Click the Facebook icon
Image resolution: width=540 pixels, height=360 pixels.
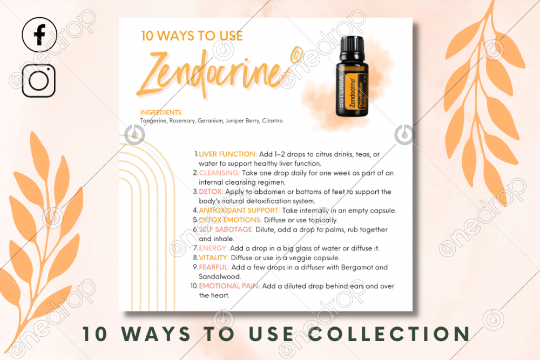pyautogui.click(x=39, y=35)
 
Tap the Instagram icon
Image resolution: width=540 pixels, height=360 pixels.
pyautogui.click(x=38, y=80)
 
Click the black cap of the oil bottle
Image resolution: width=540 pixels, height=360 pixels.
pyautogui.click(x=352, y=49)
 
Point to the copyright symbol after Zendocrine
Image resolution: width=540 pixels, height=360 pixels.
pyautogui.click(x=296, y=55)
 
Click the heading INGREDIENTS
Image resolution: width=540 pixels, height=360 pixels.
pyautogui.click(x=161, y=113)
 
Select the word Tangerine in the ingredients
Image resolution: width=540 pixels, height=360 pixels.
pyautogui.click(x=153, y=121)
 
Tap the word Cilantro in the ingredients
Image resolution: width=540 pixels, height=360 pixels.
pyautogui.click(x=272, y=120)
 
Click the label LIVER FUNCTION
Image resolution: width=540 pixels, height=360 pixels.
pyautogui.click(x=228, y=154)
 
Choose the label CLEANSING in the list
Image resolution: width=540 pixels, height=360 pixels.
pyautogui.click(x=219, y=173)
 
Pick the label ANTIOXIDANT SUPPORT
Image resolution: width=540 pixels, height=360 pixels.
pyautogui.click(x=239, y=210)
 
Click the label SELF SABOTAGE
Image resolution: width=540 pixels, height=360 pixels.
pyautogui.click(x=226, y=229)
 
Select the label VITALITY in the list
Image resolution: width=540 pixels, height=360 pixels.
pyautogui.click(x=213, y=257)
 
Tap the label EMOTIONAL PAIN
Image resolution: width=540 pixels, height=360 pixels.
pyautogui.click(x=230, y=286)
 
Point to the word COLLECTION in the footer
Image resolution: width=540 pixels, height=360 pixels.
pyautogui.click(x=389, y=334)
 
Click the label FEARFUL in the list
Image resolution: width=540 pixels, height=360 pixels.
pyautogui.click(x=214, y=267)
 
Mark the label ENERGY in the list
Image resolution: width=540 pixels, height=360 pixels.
pyautogui.click(x=213, y=248)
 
